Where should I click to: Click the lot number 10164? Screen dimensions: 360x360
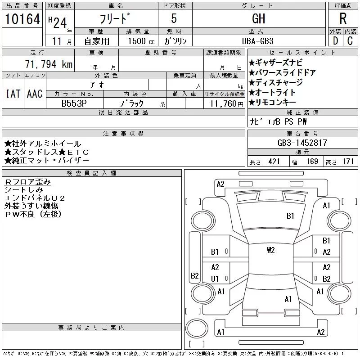[x=22, y=19]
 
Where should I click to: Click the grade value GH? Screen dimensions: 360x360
[x=258, y=18]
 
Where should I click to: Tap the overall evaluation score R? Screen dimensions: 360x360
[x=343, y=18]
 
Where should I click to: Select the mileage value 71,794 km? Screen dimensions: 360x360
[x=49, y=64]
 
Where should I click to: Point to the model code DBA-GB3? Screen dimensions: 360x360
[x=257, y=41]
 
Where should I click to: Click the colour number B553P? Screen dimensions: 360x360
[x=74, y=103]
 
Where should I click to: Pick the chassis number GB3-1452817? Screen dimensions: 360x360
[x=302, y=143]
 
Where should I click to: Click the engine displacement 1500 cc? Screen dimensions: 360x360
[x=141, y=41]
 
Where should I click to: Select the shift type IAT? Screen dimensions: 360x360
[x=13, y=94]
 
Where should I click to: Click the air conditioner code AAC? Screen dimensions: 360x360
[x=35, y=94]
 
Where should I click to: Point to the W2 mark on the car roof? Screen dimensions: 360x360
[x=271, y=250]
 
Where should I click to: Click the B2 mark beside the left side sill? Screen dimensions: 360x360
[x=195, y=275]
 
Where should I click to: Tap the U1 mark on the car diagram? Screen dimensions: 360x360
[x=215, y=279]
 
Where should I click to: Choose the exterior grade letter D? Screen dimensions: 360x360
[x=335, y=41]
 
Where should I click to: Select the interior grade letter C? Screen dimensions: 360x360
[x=350, y=41]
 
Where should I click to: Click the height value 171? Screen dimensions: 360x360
[x=348, y=162]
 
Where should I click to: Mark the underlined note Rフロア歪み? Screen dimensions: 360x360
[x=27, y=182]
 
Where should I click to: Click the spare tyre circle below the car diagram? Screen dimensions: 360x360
[x=197, y=328]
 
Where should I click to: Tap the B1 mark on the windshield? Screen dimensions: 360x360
[x=290, y=216]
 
